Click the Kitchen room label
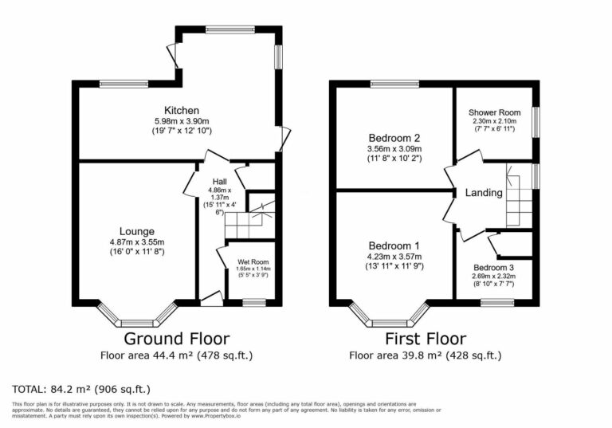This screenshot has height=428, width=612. [182, 110]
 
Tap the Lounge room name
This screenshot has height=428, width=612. [137, 231]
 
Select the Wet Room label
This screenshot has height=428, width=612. [254, 261]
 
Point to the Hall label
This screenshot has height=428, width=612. [218, 182]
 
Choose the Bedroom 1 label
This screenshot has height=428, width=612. [394, 245]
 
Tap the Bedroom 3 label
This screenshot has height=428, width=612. [493, 267]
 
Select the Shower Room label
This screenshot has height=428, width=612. [494, 112]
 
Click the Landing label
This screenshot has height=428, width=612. [484, 193]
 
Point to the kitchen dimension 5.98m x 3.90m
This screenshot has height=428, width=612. [182, 120]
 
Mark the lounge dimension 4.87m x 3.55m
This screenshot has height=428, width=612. [137, 242]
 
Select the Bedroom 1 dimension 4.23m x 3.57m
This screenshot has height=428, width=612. [394, 257]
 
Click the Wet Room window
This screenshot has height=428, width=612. [254, 302]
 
